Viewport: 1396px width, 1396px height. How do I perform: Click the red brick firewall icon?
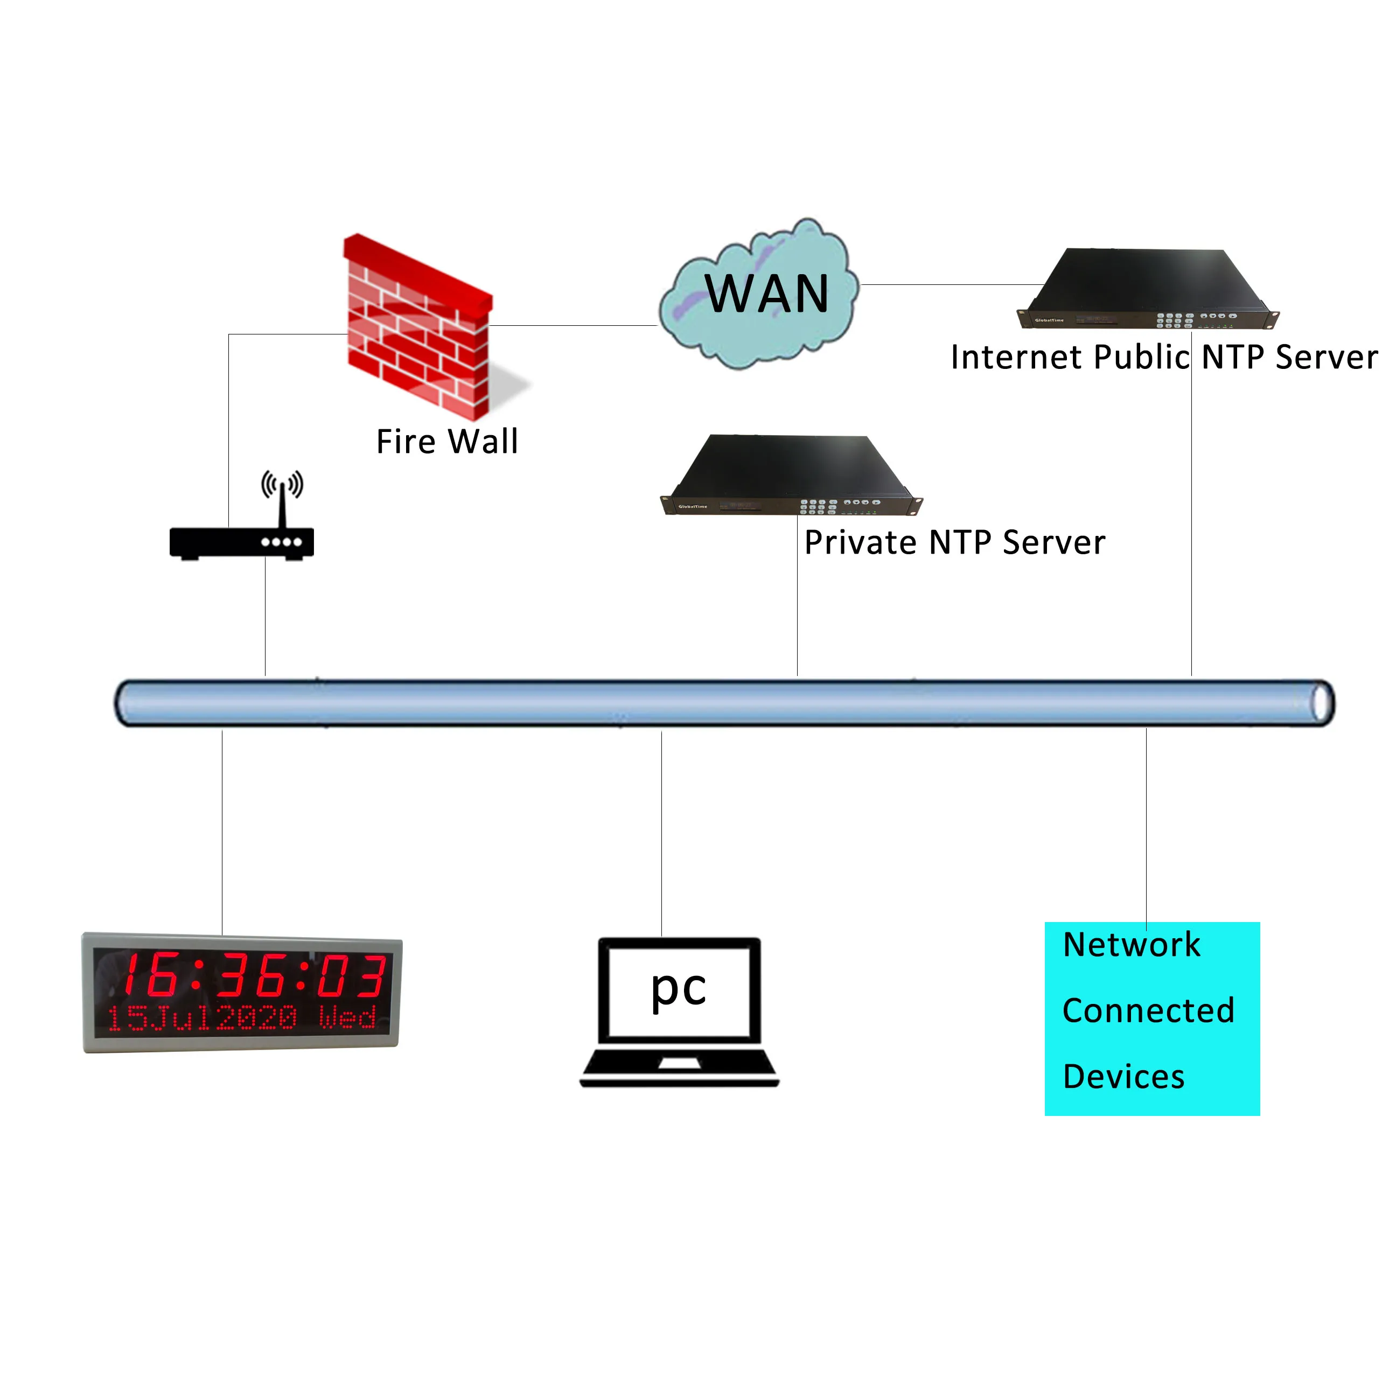click(x=417, y=329)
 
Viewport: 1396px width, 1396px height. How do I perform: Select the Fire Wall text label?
click(x=447, y=442)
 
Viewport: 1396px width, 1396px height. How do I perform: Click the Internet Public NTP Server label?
click(x=1163, y=357)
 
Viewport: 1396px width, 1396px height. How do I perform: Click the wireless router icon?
click(x=241, y=542)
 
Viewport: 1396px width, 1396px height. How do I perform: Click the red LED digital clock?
click(x=241, y=992)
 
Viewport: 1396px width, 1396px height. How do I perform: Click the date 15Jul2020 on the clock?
click(x=203, y=1018)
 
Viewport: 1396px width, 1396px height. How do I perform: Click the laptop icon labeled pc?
click(x=679, y=1011)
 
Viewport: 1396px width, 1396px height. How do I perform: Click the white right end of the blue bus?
click(x=1322, y=703)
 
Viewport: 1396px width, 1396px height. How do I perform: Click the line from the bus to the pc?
click(x=662, y=831)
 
